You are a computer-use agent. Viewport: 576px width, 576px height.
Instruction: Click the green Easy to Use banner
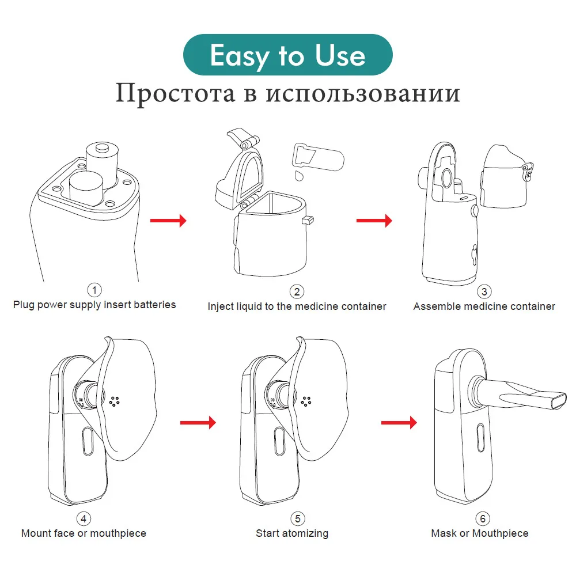[x=287, y=56]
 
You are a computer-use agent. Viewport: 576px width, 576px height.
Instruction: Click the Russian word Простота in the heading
[x=175, y=93]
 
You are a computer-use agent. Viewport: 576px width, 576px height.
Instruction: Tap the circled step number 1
[x=94, y=290]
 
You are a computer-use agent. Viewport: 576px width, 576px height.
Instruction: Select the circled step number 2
[x=297, y=291]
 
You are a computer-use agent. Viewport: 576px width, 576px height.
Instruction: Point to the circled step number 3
[x=484, y=291]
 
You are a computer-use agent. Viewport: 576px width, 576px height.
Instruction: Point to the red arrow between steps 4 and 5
[x=198, y=423]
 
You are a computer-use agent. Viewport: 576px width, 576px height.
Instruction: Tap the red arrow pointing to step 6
[x=399, y=423]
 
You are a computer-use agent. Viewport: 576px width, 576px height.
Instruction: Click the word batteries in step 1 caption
[x=155, y=304]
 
